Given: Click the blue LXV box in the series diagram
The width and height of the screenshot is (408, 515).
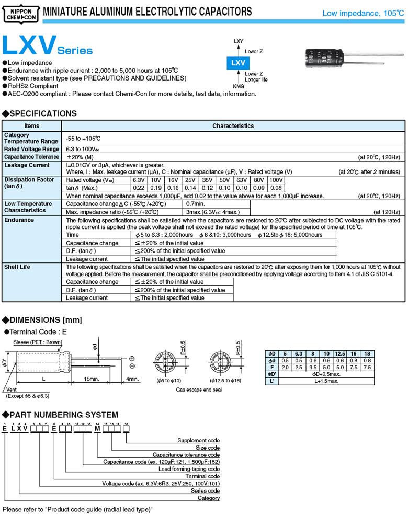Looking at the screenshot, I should (x=237, y=63).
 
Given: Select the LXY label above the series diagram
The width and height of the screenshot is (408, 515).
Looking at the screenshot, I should (x=238, y=41).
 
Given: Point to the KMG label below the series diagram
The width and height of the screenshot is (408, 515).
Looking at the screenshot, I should (x=238, y=86).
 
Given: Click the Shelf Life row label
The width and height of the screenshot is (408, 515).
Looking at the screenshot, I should (x=17, y=267).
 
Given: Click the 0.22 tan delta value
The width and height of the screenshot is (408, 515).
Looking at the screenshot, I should (x=139, y=188).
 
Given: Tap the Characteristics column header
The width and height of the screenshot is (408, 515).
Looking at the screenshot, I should (x=233, y=126).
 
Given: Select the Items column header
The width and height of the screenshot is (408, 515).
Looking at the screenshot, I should (x=32, y=126).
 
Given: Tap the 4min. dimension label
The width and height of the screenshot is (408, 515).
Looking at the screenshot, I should (x=132, y=379).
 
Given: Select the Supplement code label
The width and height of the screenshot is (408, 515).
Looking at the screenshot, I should (x=199, y=440).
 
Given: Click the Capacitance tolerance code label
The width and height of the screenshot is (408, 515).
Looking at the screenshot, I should (x=186, y=455).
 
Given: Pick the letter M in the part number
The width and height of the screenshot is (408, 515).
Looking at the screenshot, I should (x=97, y=429).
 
